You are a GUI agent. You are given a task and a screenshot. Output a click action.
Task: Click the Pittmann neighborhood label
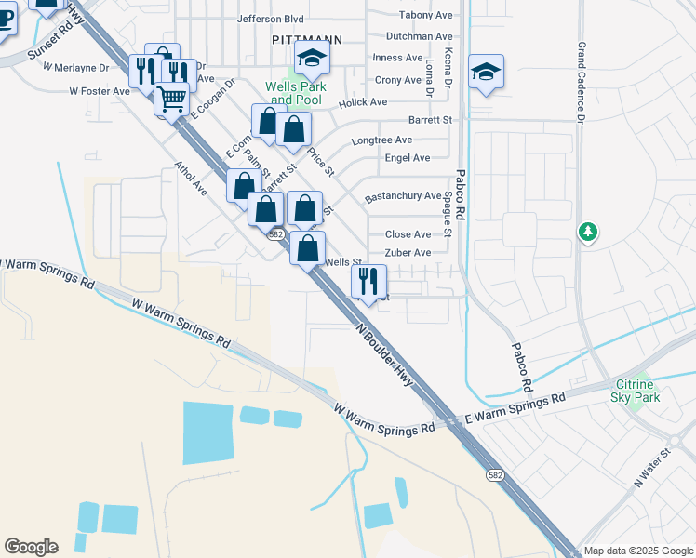[x=306, y=40]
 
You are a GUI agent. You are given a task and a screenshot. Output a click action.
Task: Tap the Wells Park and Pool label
[x=293, y=93]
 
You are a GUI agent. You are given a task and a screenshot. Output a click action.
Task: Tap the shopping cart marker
[x=171, y=98]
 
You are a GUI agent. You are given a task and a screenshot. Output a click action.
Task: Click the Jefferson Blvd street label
[x=271, y=18]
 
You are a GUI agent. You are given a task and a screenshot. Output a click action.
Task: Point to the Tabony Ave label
[x=425, y=15]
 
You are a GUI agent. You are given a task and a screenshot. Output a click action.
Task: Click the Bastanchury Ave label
[x=403, y=196]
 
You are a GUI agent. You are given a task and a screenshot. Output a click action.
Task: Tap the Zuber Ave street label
[x=408, y=253]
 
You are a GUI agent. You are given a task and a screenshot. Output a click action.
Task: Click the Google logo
[x=31, y=547]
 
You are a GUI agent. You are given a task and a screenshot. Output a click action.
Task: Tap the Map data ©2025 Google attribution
[x=638, y=551]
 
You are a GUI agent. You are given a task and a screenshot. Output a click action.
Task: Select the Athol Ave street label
[x=191, y=177]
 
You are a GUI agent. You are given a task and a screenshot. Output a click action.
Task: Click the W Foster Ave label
[x=100, y=91]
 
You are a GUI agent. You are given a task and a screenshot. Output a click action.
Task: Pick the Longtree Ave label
[x=381, y=140]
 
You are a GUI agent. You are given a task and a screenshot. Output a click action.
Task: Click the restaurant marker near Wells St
[x=368, y=280]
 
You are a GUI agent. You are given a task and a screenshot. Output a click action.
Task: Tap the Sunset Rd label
[x=49, y=42]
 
